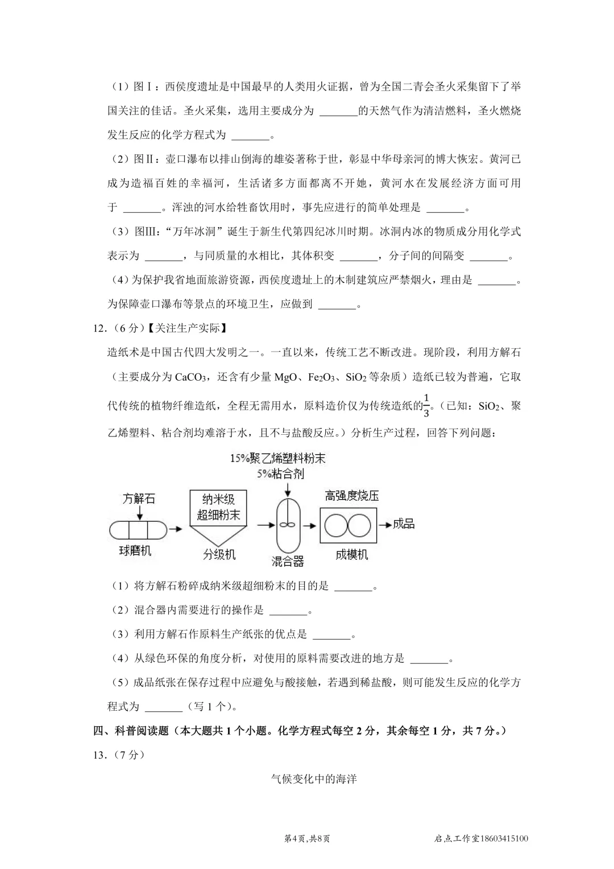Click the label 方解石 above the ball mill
(139, 499)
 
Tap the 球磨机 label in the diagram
(135, 551)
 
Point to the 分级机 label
(219, 554)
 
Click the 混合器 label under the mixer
(288, 562)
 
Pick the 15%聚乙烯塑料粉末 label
(277, 459)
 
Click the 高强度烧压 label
(352, 496)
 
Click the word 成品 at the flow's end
(404, 524)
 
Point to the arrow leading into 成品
(384, 524)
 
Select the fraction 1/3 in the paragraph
(426, 405)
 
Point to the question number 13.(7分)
(117, 755)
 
